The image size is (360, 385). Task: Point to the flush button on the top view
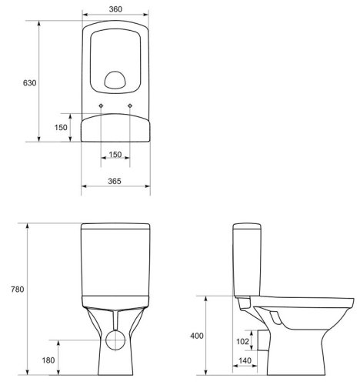[x=116, y=79]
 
